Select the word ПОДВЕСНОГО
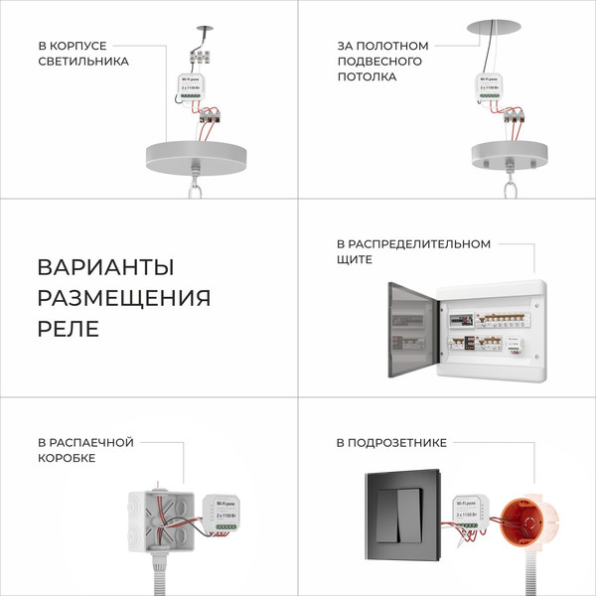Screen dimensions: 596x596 click(378, 61)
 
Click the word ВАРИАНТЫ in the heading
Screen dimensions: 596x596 click(105, 268)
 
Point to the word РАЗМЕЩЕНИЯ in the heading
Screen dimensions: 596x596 click(124, 298)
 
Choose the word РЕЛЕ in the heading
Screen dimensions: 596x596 click(69, 329)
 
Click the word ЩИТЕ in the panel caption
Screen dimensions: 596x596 click(355, 259)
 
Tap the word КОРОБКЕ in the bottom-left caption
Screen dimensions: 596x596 click(67, 458)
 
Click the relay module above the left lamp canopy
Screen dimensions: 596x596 click(192, 93)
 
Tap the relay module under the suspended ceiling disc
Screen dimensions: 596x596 click(490, 92)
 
